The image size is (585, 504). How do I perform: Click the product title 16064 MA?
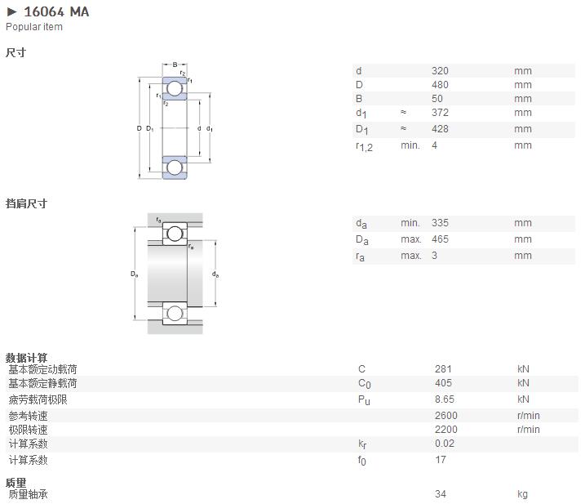tap(56, 12)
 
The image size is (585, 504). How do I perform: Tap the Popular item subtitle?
tap(34, 27)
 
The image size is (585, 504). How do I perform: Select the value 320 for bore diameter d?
tap(440, 70)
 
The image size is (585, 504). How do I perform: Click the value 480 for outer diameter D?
tap(440, 85)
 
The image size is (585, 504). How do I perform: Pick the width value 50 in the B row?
tap(437, 99)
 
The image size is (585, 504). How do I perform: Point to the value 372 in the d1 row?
tap(440, 113)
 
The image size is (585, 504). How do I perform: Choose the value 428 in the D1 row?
tap(440, 129)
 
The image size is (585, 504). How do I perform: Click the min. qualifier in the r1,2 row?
tap(410, 145)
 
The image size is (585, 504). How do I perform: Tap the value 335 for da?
tap(440, 223)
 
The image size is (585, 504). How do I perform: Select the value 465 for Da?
tap(440, 239)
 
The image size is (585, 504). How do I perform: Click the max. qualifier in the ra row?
tap(411, 256)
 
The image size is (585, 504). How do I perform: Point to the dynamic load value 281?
tap(443, 369)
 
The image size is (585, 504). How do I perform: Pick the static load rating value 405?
tap(443, 383)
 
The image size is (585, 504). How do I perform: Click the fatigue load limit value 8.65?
tap(445, 399)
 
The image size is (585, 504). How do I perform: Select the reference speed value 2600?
tap(445, 416)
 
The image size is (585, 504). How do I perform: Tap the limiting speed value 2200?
tap(445, 430)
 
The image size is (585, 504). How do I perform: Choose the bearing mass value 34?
tap(441, 494)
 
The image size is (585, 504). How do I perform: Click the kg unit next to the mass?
tap(522, 494)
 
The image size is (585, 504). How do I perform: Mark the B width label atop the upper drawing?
tap(175, 65)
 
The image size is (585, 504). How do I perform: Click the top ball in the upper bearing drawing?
tap(175, 88)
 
